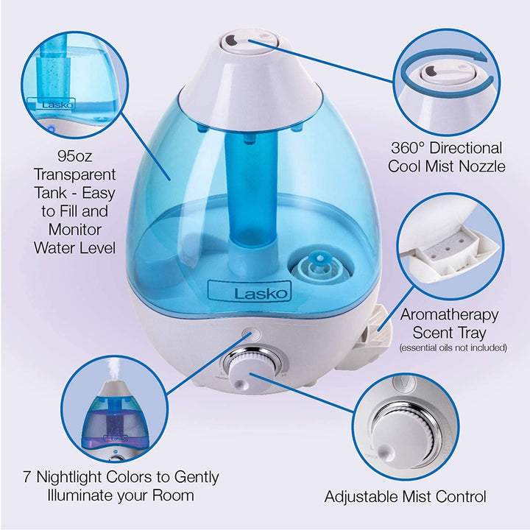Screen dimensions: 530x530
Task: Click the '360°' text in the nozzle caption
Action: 414,148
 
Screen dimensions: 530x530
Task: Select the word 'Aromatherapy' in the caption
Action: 449,314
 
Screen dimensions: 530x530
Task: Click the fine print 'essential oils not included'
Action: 453,347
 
